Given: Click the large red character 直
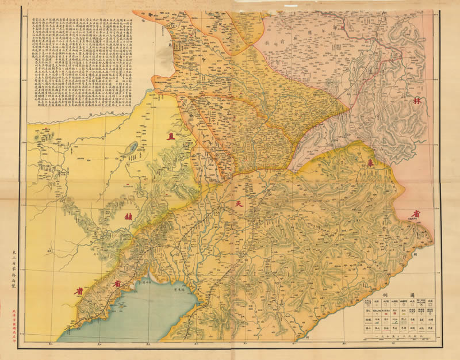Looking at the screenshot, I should pos(170,137).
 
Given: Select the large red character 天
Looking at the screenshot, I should pos(237,204).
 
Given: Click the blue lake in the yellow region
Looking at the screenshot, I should pos(132,148).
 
